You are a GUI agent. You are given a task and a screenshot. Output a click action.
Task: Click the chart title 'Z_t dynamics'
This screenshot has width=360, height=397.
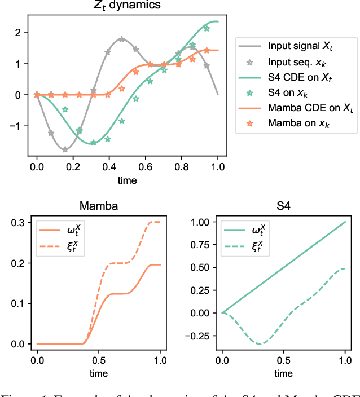[x=128, y=6]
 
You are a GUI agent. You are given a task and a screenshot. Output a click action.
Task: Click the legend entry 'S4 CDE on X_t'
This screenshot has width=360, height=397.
[x=293, y=76]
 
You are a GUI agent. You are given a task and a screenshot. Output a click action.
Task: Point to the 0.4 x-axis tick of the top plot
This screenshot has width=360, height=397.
[x=109, y=167]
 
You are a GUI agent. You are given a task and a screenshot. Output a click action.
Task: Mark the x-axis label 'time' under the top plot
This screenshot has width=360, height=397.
[x=128, y=180]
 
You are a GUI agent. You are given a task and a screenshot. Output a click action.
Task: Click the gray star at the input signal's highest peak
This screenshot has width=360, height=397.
[x=122, y=39]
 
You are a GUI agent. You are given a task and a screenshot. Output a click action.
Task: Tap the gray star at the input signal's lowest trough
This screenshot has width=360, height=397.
[x=65, y=149]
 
